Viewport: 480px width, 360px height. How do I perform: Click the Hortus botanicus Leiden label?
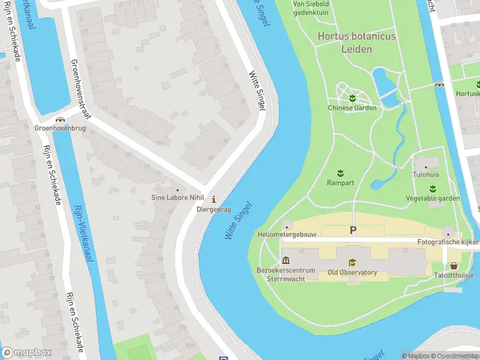tap(356, 42)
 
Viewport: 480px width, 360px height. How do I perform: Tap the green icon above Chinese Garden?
tap(352, 98)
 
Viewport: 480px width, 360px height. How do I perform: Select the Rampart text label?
tap(340, 182)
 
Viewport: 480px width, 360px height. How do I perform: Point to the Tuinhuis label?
tap(425, 175)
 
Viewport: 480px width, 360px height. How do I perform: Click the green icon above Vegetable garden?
tap(433, 188)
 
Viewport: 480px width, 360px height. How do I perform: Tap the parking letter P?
tap(353, 230)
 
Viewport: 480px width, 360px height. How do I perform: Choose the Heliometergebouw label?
tap(286, 235)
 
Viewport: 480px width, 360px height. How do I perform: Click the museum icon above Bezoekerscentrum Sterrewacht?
tap(286, 261)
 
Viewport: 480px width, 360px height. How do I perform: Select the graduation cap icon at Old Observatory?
tap(352, 263)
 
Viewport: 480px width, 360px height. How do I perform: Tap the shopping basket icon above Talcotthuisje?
tap(454, 266)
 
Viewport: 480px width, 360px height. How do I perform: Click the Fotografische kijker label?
tap(448, 242)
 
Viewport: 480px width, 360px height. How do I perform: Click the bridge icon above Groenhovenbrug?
tap(59, 119)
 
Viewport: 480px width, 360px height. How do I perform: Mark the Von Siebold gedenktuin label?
tap(311, 8)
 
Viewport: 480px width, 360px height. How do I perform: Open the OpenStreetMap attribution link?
tap(454, 356)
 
